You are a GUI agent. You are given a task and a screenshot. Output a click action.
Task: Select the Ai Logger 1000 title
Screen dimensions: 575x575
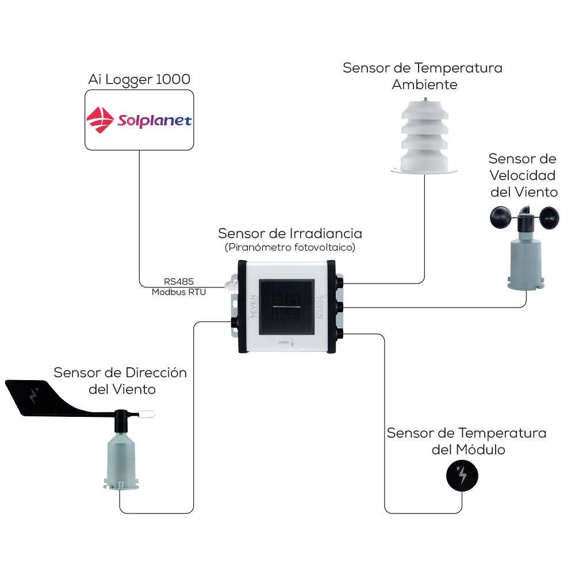[x=139, y=79]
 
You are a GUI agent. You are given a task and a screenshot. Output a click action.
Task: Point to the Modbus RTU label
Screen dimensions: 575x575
[x=179, y=292]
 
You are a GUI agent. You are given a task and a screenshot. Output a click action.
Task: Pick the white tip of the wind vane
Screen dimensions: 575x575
[x=149, y=412]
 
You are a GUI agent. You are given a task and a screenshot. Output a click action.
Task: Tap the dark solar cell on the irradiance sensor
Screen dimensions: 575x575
[x=286, y=308]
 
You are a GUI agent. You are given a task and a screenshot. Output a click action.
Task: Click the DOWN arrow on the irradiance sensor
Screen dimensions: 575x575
[x=292, y=342]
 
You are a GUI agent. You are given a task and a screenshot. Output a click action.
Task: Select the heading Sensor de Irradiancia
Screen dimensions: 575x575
[x=290, y=233]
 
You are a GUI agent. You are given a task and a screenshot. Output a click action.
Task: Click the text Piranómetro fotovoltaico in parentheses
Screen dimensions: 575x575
[x=290, y=247]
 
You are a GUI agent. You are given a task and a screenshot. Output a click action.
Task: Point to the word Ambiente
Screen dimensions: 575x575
[x=424, y=85]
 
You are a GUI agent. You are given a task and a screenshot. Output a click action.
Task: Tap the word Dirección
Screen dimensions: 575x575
[x=156, y=372]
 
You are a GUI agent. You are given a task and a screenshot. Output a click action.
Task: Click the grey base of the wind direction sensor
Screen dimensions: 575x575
[x=120, y=460]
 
